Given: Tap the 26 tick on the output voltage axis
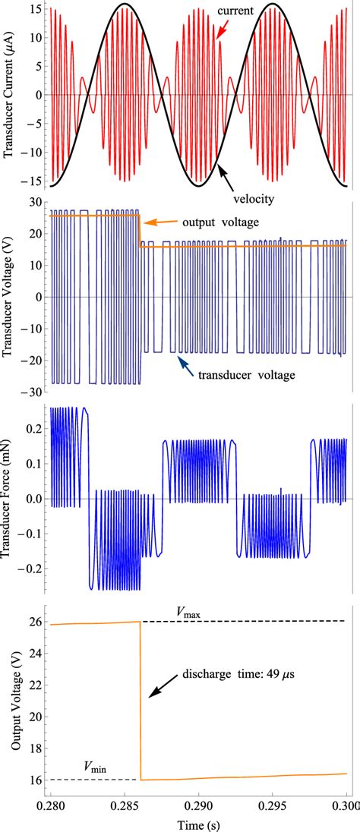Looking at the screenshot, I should coord(33,622).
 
